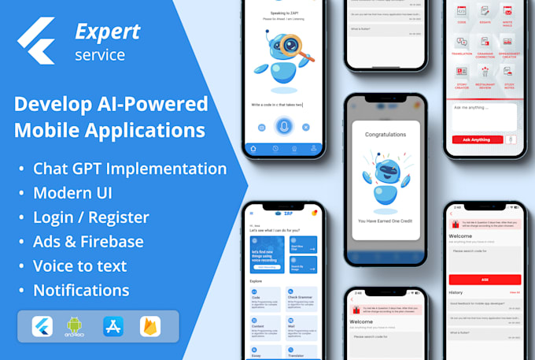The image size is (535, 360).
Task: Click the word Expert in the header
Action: click(x=107, y=31)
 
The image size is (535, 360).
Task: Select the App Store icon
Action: click(x=113, y=326)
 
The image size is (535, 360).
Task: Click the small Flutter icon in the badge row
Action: click(x=42, y=326)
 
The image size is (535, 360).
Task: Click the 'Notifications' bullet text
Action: click(x=81, y=290)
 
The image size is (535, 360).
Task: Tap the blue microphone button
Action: click(x=283, y=126)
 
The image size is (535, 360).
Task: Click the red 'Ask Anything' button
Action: click(x=476, y=139)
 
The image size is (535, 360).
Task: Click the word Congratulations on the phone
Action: click(x=386, y=135)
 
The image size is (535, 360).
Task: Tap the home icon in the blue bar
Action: click(x=253, y=147)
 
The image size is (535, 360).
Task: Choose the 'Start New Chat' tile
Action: click(x=303, y=247)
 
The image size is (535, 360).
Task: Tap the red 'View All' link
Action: click(x=515, y=292)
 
